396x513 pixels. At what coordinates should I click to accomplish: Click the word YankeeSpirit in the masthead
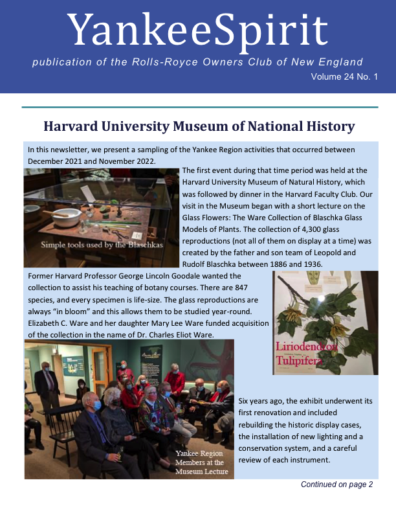pos(198,29)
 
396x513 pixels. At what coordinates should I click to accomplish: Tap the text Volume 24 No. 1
pos(344,77)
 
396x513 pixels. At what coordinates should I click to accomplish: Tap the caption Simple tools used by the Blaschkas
pos(102,245)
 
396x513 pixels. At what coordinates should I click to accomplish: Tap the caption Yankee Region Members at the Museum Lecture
pos(202,462)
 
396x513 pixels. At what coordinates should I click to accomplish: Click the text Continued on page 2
pos(336,484)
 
